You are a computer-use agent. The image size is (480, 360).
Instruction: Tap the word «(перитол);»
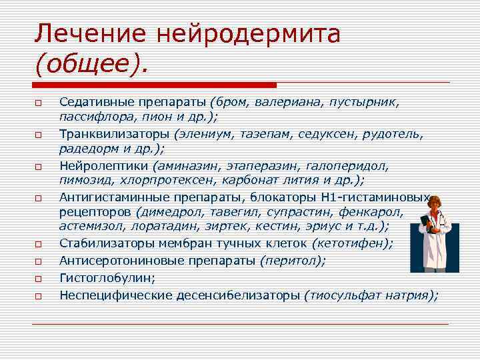(x=293, y=260)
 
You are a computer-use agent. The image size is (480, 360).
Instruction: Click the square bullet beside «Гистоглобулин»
(x=39, y=277)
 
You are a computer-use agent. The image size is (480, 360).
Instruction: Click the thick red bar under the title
(x=154, y=85)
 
